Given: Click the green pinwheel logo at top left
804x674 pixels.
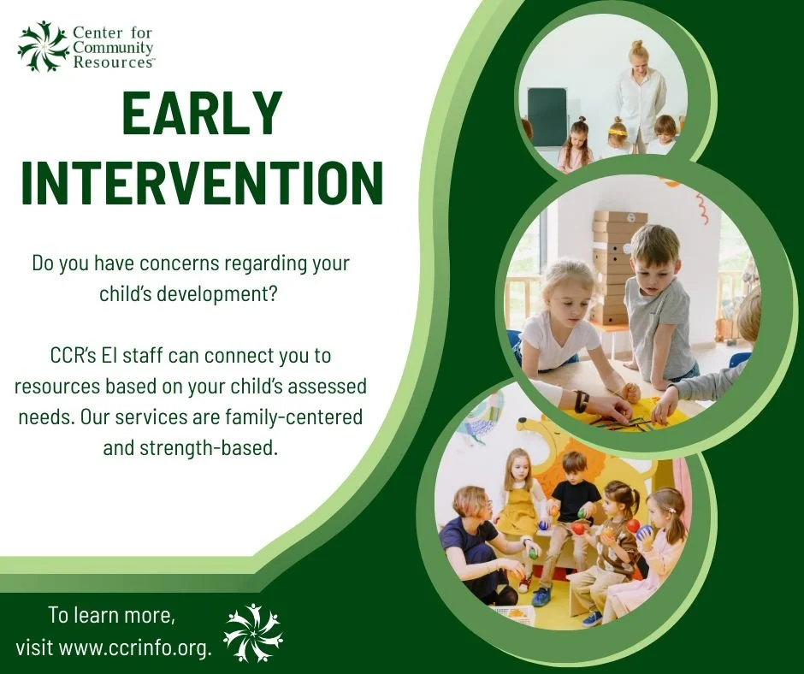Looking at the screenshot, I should pyautogui.click(x=43, y=46).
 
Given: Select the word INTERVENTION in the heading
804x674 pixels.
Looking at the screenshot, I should pyautogui.click(x=201, y=181).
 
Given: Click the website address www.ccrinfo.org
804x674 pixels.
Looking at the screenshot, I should pyautogui.click(x=135, y=647).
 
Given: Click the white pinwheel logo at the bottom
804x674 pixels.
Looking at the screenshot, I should pyautogui.click(x=252, y=633).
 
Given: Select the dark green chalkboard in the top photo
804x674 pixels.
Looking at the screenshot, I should pyautogui.click(x=547, y=117).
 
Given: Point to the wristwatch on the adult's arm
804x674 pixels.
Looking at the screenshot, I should pyautogui.click(x=582, y=400).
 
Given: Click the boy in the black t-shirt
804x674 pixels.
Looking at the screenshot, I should pyautogui.click(x=574, y=513).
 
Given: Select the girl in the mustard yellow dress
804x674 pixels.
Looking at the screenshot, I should pyautogui.click(x=518, y=505).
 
